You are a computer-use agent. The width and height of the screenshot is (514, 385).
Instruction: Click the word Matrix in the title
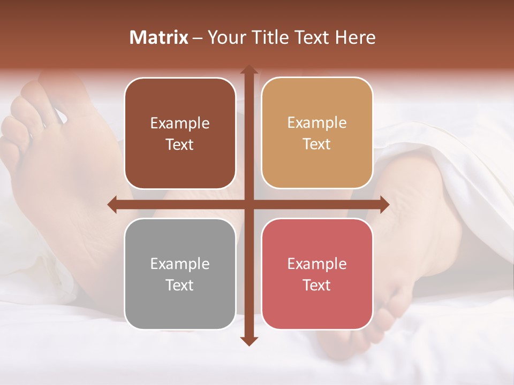[x=159, y=37]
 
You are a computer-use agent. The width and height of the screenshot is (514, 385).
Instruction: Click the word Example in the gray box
[x=180, y=264]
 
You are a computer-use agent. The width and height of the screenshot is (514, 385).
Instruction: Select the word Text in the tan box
[x=317, y=144]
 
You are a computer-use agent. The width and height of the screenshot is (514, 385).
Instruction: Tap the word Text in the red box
[x=317, y=285]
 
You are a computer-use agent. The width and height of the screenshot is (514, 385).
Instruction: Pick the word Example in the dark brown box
[x=180, y=124]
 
